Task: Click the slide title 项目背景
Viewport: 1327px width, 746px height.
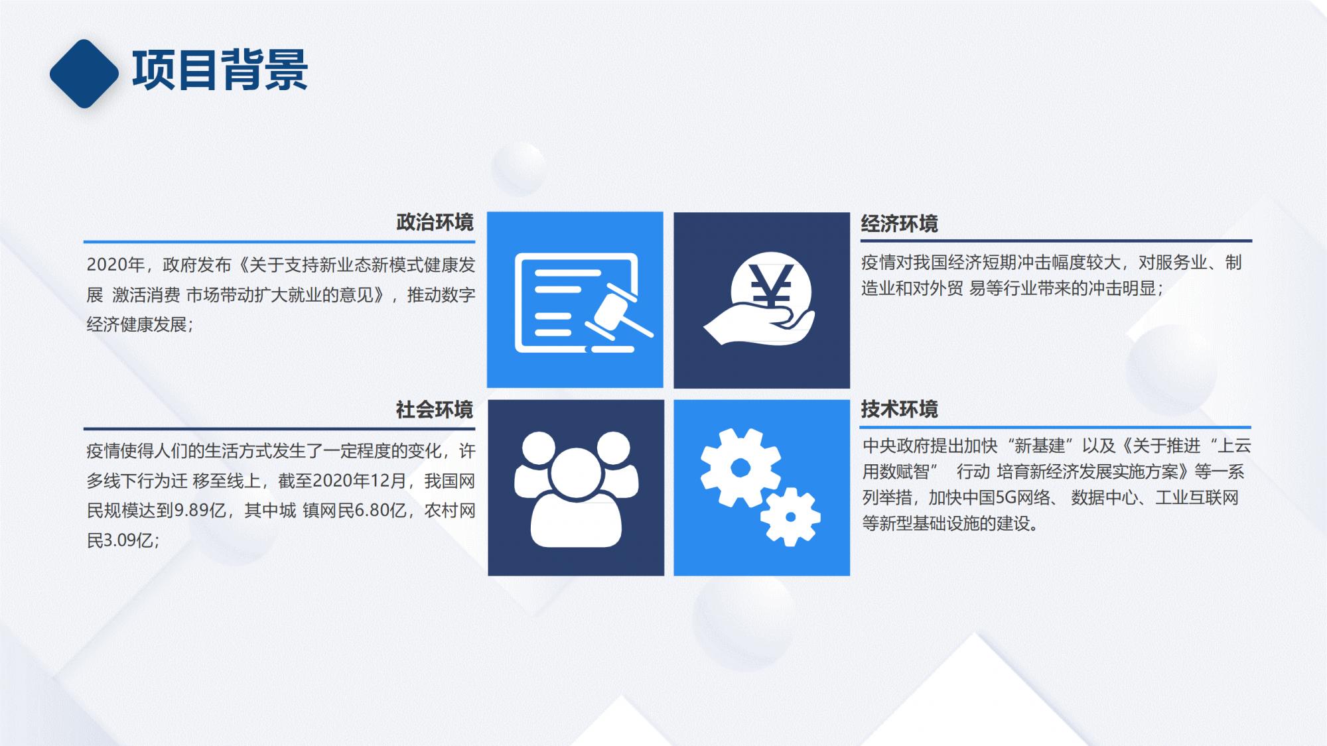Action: (x=220, y=70)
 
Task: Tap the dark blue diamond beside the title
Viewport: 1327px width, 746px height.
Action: (x=84, y=74)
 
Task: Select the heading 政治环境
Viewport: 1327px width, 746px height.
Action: (x=435, y=222)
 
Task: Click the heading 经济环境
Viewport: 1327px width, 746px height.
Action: (x=899, y=223)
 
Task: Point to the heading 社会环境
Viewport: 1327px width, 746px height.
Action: (x=435, y=410)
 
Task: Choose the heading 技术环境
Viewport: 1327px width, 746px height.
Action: (x=899, y=409)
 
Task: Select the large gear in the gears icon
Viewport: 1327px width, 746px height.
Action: (x=740, y=468)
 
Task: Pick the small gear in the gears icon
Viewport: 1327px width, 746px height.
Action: (x=790, y=517)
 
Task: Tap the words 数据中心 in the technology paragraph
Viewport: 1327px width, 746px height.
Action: (x=1104, y=498)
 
